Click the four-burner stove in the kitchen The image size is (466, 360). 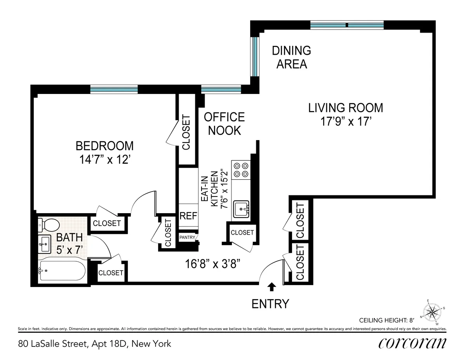[x=241, y=170]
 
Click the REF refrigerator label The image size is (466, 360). [x=188, y=216]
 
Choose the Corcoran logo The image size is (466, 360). [x=412, y=343]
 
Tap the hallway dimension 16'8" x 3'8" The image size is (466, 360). [x=215, y=264]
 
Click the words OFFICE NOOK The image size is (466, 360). [x=224, y=123]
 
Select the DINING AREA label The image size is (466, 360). [x=291, y=57]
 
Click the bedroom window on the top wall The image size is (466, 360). [x=114, y=89]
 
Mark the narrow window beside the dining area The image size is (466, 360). [x=255, y=57]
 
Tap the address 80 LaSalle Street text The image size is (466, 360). [x=94, y=344]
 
